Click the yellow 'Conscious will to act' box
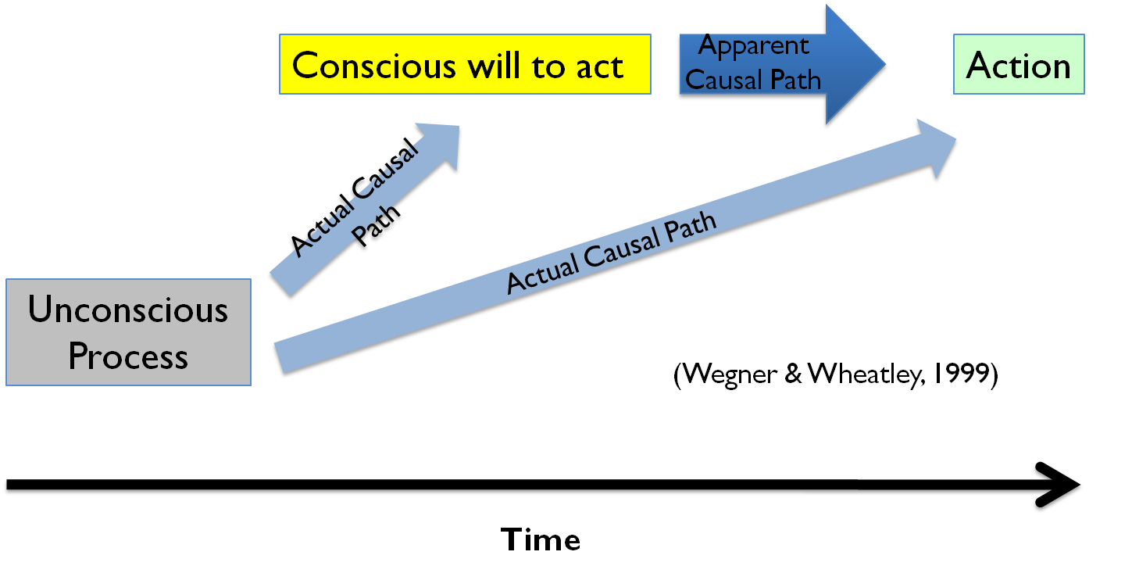465,64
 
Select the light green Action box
1019,64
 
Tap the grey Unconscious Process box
128,332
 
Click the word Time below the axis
541,540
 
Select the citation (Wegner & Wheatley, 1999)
835,374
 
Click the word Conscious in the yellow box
373,66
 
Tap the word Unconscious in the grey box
128,310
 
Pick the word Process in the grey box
128,357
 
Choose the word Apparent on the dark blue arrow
753,45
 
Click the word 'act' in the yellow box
600,66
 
